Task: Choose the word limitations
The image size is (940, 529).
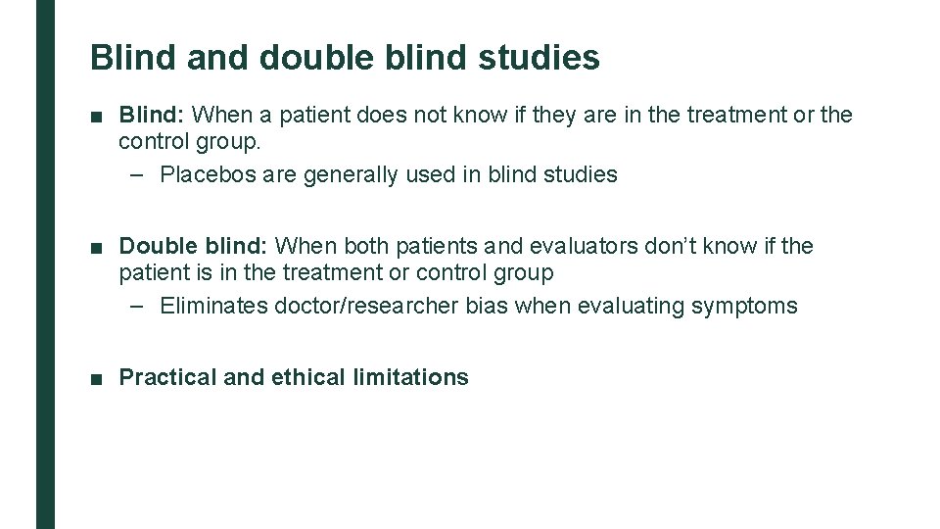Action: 411,377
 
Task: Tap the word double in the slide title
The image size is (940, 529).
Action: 316,57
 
